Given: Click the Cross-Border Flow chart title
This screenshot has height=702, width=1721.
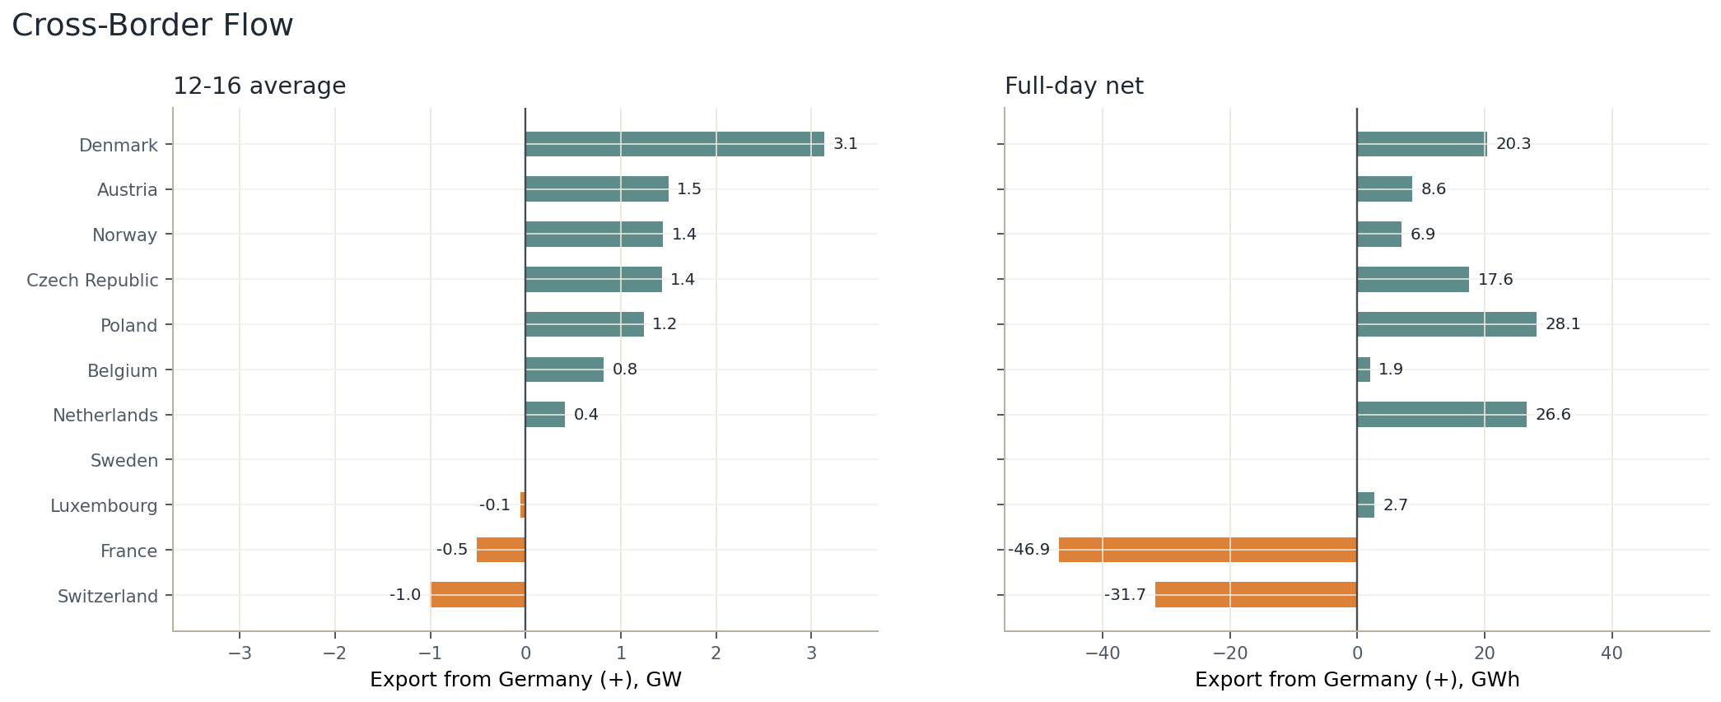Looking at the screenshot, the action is [152, 26].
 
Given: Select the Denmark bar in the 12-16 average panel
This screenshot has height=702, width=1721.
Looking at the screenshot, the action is [674, 144].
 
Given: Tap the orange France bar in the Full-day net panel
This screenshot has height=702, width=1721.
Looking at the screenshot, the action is [1208, 550].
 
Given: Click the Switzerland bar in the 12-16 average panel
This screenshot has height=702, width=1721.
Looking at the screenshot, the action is [478, 595].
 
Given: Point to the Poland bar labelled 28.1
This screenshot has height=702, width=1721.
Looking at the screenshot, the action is [1447, 324].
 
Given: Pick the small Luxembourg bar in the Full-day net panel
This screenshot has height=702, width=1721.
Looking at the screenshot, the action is [1365, 504].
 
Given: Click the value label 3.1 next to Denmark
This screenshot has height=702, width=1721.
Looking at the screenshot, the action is [846, 144].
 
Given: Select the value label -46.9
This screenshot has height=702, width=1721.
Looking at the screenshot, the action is [1029, 550].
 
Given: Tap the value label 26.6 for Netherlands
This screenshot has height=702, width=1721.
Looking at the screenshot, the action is [1553, 415].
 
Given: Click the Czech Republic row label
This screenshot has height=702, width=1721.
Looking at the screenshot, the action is [92, 281].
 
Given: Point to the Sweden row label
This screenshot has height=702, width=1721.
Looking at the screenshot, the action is [124, 461].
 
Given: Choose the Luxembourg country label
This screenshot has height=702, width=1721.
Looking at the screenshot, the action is [104, 506].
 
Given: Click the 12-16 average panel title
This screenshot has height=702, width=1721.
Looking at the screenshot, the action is [259, 86].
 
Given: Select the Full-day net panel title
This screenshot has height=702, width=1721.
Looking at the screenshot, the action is [1074, 86].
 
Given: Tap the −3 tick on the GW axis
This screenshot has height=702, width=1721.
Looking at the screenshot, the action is [240, 653].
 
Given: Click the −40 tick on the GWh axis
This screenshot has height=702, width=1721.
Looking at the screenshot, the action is [1103, 653].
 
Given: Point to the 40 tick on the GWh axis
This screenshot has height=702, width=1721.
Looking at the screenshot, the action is [1611, 653].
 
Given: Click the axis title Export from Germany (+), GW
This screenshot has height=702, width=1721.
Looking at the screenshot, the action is [525, 680].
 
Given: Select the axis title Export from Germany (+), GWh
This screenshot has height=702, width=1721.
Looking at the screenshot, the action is [1357, 680].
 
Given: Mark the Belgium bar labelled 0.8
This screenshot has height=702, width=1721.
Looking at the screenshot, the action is [564, 370].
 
